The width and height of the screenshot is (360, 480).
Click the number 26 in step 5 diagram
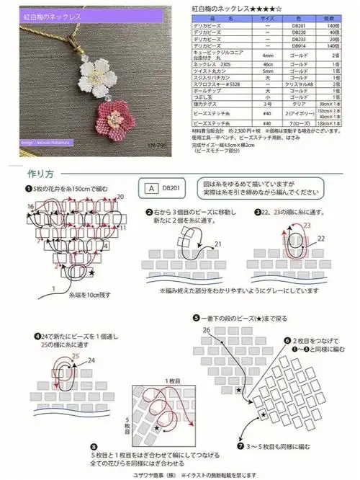(207, 331)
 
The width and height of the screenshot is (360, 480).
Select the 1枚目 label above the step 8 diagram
(171, 379)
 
